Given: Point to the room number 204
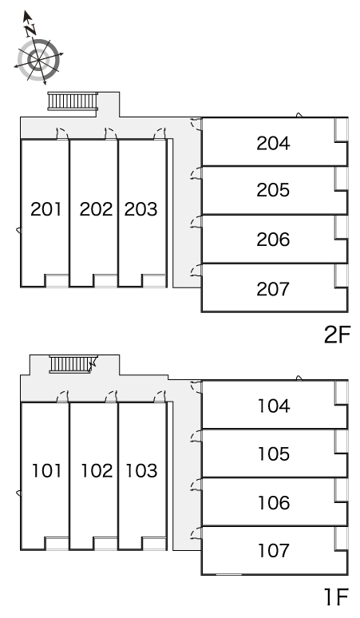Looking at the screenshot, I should tap(273, 144).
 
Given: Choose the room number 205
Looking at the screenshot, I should tap(273, 191).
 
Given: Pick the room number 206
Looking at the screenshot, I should tap(273, 240).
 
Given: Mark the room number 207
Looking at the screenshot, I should tap(273, 287).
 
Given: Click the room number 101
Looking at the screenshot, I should tap(46, 471).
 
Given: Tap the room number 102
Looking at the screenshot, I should tap(96, 471).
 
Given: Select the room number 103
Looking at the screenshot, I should tap(140, 471).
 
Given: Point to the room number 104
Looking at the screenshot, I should tap(273, 406).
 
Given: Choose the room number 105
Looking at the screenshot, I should tap(273, 454).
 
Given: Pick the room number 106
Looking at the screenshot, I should tap(273, 503).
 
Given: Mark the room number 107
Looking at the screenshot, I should tap(273, 550).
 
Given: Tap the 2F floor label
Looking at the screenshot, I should tap(337, 335).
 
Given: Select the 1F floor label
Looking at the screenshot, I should tap(337, 596).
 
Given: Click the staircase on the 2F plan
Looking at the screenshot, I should tap(73, 101).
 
